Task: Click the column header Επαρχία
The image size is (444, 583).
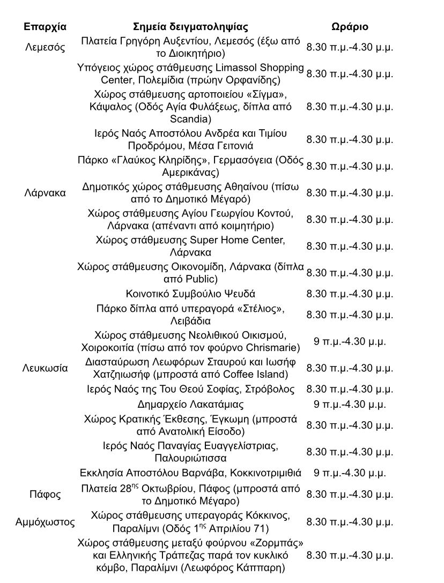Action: pyautogui.click(x=45, y=27)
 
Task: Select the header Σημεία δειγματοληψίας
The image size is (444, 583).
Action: pyautogui.click(x=190, y=27)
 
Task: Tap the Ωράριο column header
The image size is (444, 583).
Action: pyautogui.click(x=350, y=27)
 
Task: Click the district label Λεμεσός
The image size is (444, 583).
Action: pyautogui.click(x=45, y=47)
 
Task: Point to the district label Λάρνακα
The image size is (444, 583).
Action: pyautogui.click(x=45, y=193)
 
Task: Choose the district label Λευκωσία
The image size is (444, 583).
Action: pyautogui.click(x=45, y=368)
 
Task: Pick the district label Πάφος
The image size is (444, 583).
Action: pyautogui.click(x=45, y=494)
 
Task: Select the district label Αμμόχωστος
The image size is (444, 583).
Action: pyautogui.click(x=45, y=522)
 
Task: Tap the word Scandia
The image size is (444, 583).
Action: pyautogui.click(x=190, y=118)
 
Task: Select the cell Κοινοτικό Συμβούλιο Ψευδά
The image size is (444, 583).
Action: pyautogui.click(x=190, y=294)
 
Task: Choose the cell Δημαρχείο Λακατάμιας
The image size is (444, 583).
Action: pyautogui.click(x=190, y=404)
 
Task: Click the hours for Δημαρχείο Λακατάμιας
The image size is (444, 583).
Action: pyautogui.click(x=350, y=404)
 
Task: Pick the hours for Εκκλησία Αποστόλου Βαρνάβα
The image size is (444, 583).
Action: pyautogui.click(x=350, y=473)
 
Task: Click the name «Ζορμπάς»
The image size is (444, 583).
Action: pyautogui.click(x=273, y=543)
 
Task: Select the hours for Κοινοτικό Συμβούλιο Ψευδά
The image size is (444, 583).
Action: pyautogui.click(x=350, y=294)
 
